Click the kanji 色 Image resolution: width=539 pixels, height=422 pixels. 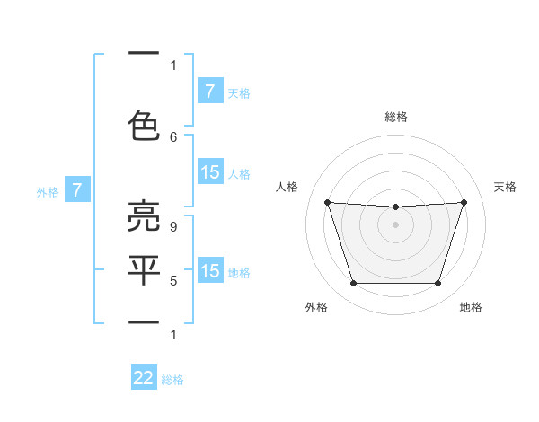[x=144, y=125]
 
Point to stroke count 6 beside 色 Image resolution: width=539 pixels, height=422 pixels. [x=173, y=137]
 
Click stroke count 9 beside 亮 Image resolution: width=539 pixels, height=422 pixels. [x=173, y=227]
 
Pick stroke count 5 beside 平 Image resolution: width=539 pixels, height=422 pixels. [x=173, y=281]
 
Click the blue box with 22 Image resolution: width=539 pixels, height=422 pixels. [x=144, y=378]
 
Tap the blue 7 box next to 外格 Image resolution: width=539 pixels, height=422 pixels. [x=78, y=190]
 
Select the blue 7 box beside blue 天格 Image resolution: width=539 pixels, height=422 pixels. [x=209, y=92]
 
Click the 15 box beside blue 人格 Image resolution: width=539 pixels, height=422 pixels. [x=209, y=172]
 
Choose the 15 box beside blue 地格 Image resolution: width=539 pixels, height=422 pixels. [x=209, y=271]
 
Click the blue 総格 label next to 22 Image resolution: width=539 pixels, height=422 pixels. [x=172, y=380]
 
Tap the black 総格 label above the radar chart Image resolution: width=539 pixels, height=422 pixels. [x=395, y=117]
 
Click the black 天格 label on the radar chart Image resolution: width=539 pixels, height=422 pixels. [x=506, y=187]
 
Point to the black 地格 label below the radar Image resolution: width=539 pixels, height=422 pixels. [x=471, y=307]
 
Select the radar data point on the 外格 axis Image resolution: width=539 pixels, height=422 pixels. [x=353, y=284]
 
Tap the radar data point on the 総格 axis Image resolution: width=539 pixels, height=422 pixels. [x=395, y=207]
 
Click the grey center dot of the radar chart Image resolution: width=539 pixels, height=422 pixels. [x=395, y=224]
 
